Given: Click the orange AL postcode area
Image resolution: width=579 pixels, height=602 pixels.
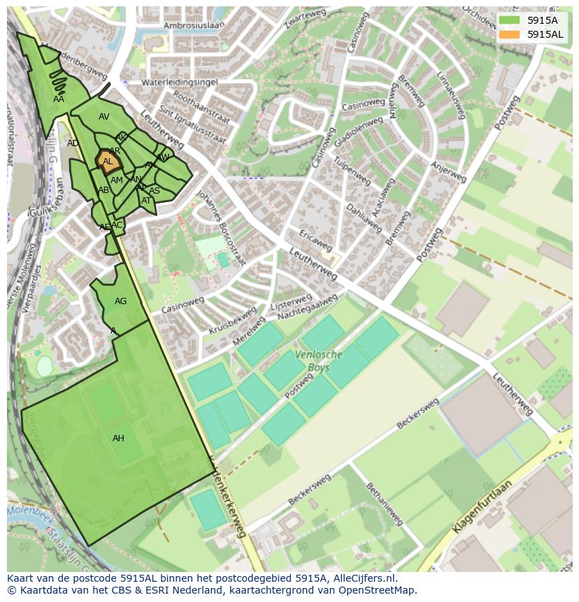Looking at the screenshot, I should click(x=107, y=160).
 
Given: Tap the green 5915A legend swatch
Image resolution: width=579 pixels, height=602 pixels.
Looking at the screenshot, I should click(x=510, y=20).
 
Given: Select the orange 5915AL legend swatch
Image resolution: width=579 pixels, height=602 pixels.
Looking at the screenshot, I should click(x=510, y=34).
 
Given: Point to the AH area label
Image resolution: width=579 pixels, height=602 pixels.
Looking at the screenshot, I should click(x=118, y=438).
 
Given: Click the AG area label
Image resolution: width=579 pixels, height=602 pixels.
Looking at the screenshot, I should click(x=120, y=301).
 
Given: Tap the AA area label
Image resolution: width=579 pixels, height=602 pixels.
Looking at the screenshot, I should click(x=59, y=99).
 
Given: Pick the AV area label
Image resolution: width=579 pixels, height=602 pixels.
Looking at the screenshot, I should click(x=104, y=117).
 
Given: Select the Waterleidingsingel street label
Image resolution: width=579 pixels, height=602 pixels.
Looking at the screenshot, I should click(x=180, y=82).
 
